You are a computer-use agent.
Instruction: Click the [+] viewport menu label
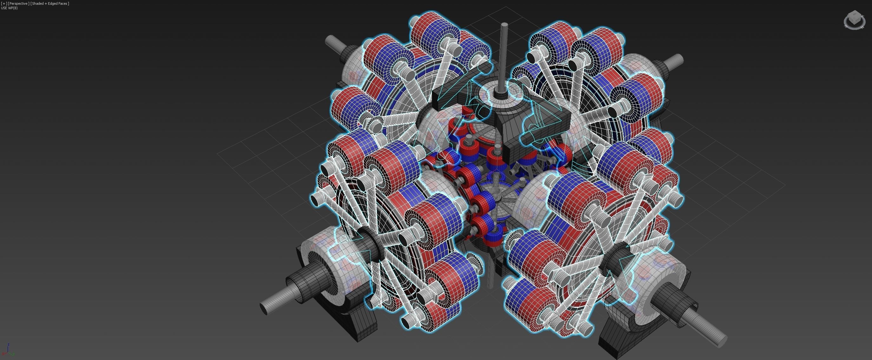pyautogui.click(x=4, y=3)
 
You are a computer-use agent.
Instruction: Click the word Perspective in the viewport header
pyautogui.click(x=18, y=3)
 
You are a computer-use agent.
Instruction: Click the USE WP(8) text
pyautogui.click(x=10, y=8)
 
